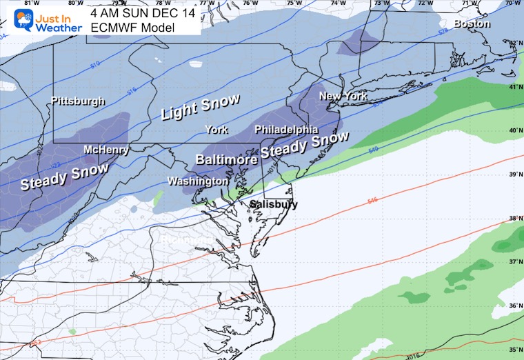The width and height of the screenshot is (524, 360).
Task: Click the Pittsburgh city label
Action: (x=78, y=101)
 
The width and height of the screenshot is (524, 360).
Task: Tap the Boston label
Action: (x=472, y=23)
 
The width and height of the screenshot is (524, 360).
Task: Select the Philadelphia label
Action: (x=286, y=130)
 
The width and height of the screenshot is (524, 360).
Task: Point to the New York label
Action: (x=343, y=97)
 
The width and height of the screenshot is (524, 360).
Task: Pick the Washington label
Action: (x=198, y=181)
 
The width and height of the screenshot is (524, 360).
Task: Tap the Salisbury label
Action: (x=274, y=205)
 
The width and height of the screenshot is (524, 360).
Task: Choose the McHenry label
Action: (x=105, y=150)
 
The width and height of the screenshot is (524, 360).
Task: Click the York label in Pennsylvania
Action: (x=216, y=130)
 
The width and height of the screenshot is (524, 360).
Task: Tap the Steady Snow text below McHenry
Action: (x=64, y=177)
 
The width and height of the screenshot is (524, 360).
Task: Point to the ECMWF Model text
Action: (x=132, y=28)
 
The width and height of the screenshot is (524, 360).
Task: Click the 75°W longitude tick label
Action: (x=294, y=3)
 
